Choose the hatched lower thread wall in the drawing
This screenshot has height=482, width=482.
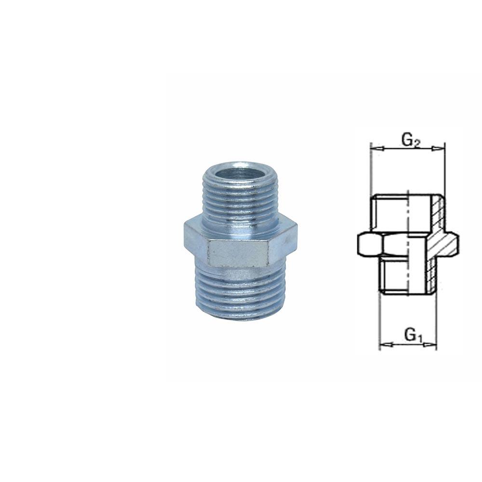point(430,275)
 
